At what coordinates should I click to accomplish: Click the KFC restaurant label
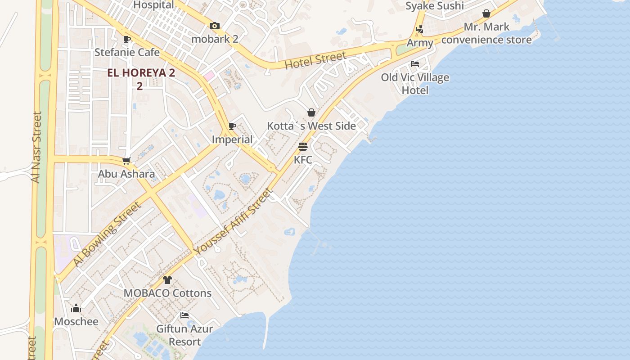point(303,160)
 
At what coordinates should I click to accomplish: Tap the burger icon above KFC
point(303,147)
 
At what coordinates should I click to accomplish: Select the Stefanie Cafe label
point(127,52)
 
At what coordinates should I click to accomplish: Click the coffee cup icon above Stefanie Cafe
point(127,39)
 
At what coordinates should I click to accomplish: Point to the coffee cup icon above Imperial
point(232,126)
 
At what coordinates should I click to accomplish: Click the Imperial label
point(232,139)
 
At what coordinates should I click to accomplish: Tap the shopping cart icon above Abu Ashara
point(126,161)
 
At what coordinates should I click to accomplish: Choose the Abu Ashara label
point(126,174)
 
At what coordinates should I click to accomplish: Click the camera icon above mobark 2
point(215,26)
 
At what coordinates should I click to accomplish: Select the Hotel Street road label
point(316,60)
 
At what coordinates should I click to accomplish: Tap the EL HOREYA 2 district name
point(141,73)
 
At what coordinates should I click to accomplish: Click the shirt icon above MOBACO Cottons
point(167,280)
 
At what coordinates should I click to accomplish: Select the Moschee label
point(76,321)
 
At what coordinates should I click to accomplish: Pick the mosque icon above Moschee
point(76,309)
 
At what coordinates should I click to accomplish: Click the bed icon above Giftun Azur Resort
point(184,315)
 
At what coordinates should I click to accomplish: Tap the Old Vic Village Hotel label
point(415,84)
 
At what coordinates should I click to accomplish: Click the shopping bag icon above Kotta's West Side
point(311,112)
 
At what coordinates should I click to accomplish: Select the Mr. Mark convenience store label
point(486,33)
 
